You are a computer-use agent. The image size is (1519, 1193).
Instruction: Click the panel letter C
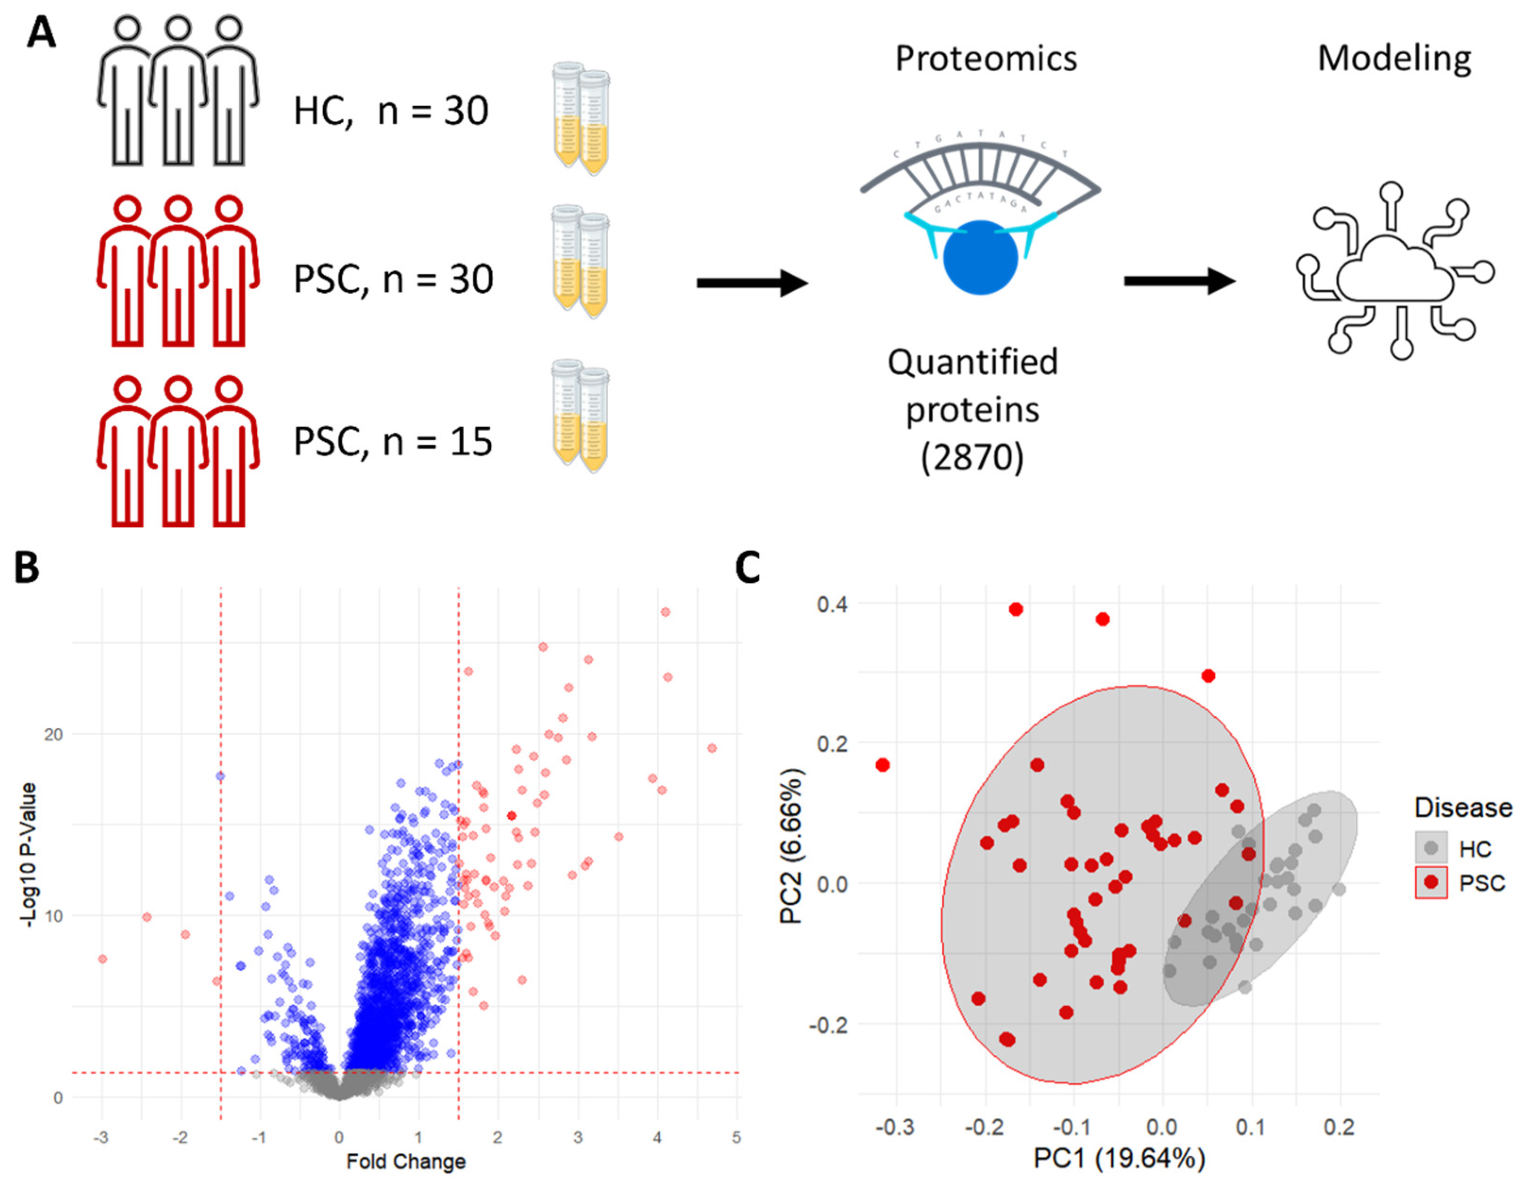(x=747, y=568)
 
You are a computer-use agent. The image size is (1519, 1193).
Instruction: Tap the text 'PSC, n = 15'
(x=393, y=442)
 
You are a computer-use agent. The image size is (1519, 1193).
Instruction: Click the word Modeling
(x=1394, y=59)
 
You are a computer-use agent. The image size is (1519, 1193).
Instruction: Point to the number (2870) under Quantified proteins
(x=972, y=457)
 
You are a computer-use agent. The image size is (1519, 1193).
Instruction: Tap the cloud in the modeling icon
(x=1394, y=272)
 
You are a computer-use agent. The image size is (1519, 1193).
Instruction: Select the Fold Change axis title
(x=406, y=1161)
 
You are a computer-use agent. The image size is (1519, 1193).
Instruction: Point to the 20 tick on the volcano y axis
(x=53, y=734)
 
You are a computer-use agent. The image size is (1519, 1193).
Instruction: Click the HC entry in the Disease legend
(x=1474, y=849)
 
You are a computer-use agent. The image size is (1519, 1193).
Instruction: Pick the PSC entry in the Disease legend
(x=1481, y=883)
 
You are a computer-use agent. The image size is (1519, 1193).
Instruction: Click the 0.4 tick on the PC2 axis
(x=832, y=604)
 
